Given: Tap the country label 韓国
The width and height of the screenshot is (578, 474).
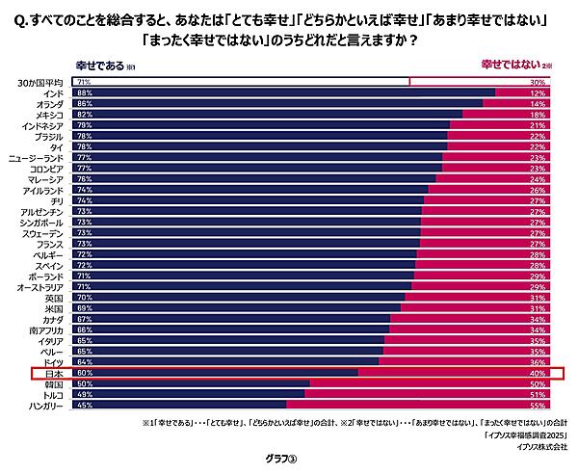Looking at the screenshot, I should pos(54,384).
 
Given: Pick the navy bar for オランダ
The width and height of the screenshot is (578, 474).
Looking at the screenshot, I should pos(279,103).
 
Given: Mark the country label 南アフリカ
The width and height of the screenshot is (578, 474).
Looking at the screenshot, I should pos(47,330).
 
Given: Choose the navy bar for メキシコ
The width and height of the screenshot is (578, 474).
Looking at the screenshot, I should pos(270,114).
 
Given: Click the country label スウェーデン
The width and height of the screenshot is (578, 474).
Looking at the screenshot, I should pos(42,233).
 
